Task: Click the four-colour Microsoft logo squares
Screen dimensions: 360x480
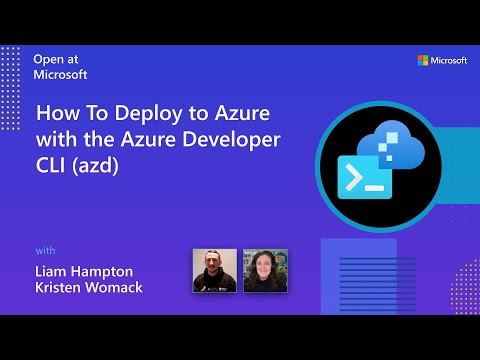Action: coord(423,61)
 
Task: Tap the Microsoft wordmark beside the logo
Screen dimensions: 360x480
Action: coord(450,61)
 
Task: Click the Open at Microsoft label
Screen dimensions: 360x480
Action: coord(61,66)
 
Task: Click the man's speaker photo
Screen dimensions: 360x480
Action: coord(214,270)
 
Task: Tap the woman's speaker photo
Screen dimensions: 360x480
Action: coord(265,270)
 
